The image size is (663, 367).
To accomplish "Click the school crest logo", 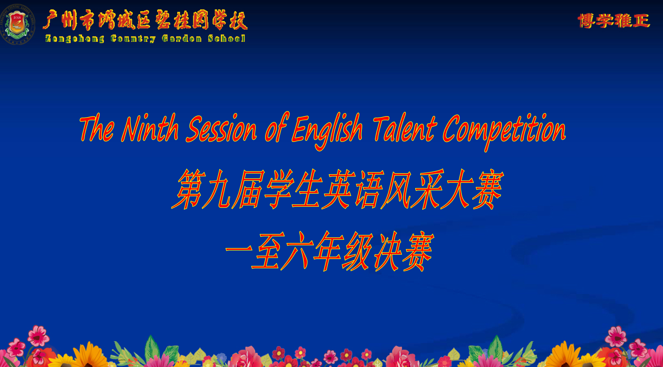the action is coord(17,24).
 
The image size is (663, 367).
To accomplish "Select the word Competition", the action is coord(505,132).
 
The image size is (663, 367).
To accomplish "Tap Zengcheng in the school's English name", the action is coord(74,39).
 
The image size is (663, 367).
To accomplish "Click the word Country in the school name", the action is coord(133,39).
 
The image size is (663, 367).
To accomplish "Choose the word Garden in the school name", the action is coord(182,38).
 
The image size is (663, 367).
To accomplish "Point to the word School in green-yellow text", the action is coord(227,38).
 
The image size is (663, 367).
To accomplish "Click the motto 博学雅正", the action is coord(614,21).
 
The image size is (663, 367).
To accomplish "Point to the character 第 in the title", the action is coord(188,189).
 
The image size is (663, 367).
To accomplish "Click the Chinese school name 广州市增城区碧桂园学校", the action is coord(145,20).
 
